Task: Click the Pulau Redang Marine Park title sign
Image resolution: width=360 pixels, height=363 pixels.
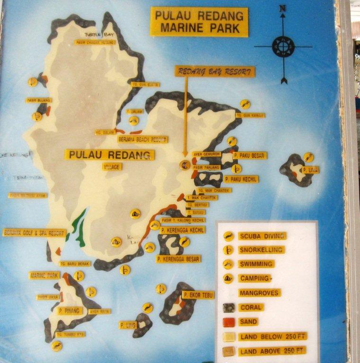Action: (199, 22)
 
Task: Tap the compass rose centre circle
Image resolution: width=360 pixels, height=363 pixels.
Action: (283, 46)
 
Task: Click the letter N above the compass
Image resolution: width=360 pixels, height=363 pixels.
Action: (282, 8)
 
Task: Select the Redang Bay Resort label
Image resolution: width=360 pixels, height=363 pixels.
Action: (215, 71)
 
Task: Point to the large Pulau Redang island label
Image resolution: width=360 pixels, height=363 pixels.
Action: (110, 155)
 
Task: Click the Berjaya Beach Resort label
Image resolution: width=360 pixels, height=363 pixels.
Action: (142, 139)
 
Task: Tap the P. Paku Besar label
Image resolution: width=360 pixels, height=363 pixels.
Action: (250, 155)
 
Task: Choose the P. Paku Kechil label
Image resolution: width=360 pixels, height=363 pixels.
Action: (241, 180)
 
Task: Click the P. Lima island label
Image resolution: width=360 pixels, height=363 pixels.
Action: (310, 170)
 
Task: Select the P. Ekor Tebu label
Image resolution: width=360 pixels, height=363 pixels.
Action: (198, 295)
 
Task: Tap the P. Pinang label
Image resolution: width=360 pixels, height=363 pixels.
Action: (70, 311)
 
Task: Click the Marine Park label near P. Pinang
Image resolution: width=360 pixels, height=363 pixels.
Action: (44, 275)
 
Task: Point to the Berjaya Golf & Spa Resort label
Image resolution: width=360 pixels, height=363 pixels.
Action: (34, 233)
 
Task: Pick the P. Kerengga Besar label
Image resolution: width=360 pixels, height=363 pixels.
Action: (179, 259)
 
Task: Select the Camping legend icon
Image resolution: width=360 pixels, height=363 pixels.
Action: (228, 278)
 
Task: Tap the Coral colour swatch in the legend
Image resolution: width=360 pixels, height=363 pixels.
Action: (228, 308)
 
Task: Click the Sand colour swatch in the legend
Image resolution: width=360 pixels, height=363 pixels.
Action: (228, 322)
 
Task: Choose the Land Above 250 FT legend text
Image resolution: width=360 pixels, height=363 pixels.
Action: (272, 351)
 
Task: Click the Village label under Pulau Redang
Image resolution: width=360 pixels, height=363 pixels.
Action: (112, 166)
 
